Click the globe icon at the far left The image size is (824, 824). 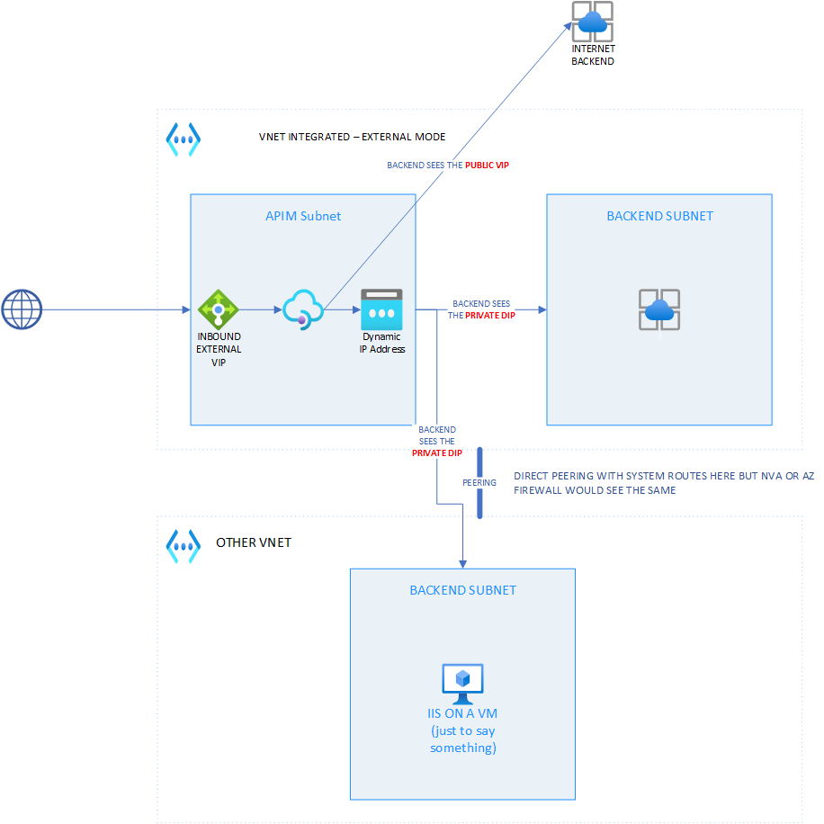(x=22, y=309)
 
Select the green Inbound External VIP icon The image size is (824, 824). (x=218, y=309)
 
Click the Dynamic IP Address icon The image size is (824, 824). (x=381, y=309)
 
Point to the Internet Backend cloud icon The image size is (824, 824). (x=593, y=22)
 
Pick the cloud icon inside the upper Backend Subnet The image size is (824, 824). (x=659, y=310)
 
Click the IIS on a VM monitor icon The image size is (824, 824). (x=462, y=684)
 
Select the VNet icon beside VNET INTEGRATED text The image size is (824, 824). (x=184, y=139)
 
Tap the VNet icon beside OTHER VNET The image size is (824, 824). (x=184, y=545)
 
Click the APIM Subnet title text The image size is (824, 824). (x=303, y=216)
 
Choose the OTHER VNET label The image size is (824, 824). (x=254, y=543)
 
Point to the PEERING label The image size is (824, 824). (x=479, y=483)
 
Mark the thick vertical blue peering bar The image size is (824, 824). (x=480, y=483)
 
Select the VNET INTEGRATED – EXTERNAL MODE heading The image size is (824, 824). (x=352, y=138)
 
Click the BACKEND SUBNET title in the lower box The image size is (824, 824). (x=462, y=590)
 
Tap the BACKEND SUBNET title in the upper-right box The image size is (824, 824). (x=659, y=216)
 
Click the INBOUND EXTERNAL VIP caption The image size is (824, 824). (x=219, y=349)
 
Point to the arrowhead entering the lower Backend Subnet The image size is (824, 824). (x=462, y=563)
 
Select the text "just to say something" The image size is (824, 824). (x=462, y=739)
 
